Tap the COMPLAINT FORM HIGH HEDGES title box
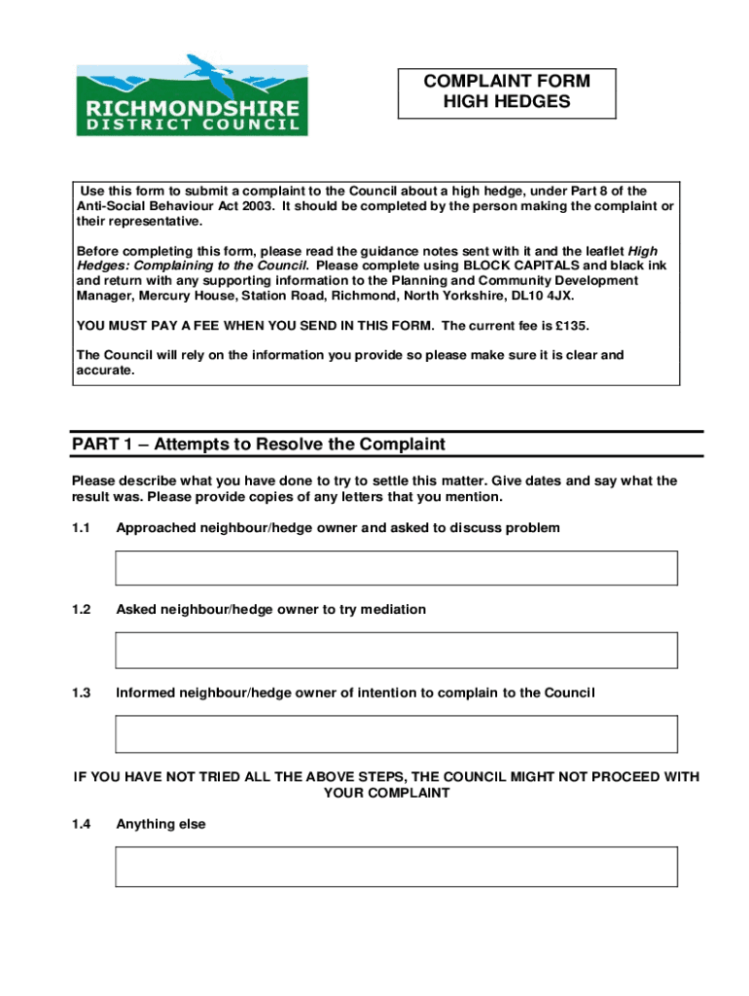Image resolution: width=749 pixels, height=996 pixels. (506, 91)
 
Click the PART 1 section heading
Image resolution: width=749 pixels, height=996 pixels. (259, 445)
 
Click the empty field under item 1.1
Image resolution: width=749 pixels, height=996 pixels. (396, 568)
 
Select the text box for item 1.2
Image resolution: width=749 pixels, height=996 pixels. (396, 650)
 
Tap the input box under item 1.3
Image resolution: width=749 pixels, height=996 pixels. (396, 733)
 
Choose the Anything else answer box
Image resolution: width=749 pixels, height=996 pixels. (396, 866)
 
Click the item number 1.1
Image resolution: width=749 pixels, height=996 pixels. (81, 528)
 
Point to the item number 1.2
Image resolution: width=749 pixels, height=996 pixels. (81, 610)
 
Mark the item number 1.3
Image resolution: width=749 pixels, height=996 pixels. (81, 694)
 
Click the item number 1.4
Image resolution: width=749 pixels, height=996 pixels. (81, 824)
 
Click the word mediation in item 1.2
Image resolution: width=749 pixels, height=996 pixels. (393, 610)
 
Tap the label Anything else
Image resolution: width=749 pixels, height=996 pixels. (160, 824)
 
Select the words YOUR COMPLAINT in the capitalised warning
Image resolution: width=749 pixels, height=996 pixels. (386, 793)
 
